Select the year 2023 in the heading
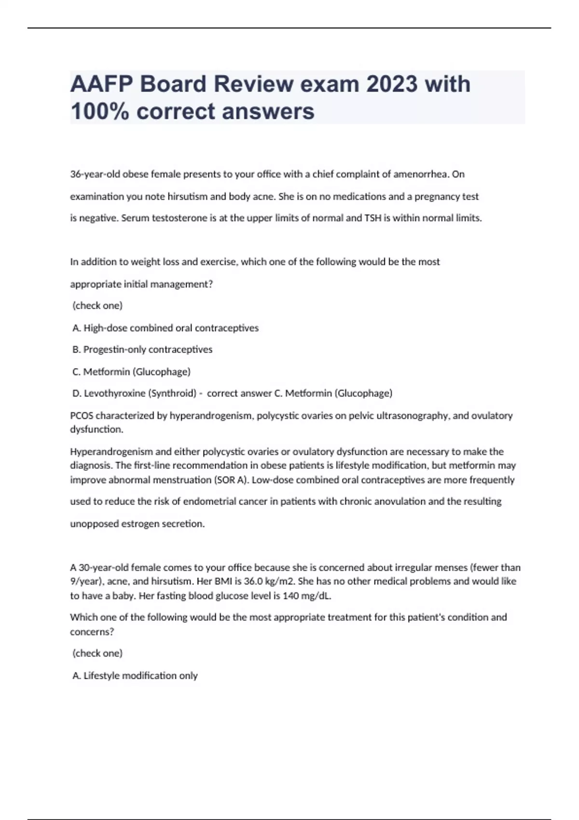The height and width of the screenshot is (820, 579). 391,84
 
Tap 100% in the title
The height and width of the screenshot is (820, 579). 99,111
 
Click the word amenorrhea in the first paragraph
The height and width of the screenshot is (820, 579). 421,174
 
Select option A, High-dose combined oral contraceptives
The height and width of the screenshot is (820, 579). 165,328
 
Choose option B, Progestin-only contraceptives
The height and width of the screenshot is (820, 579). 142,350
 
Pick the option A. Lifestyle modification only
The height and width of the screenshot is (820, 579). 135,676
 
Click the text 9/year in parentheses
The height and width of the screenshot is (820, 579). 85,582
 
